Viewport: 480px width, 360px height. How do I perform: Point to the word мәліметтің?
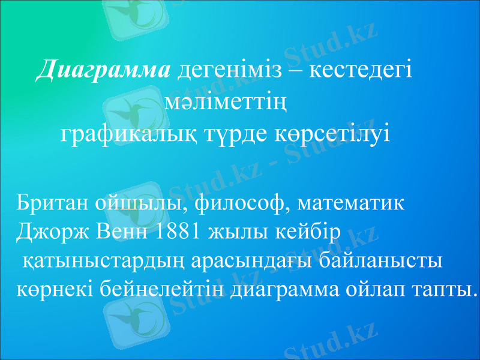click(224, 104)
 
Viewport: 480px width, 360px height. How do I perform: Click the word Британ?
click(52, 203)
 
